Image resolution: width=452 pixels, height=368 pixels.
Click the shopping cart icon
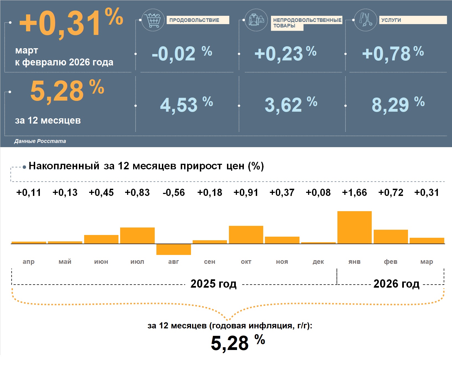153,20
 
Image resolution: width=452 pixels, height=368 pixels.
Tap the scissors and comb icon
365,20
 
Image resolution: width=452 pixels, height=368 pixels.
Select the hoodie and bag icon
256,20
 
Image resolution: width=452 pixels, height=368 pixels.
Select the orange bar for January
354,227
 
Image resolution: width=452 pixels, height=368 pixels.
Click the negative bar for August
174,249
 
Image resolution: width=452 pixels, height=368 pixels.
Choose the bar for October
246,235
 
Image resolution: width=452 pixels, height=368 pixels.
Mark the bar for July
137,236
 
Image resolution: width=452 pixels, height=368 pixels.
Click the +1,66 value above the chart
354,192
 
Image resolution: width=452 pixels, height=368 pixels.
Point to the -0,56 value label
174,192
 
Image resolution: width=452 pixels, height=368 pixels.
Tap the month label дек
318,262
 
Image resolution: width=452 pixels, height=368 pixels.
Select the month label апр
29,262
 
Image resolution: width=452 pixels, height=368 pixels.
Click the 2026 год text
396,284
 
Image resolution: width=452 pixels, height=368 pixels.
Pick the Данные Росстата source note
40,141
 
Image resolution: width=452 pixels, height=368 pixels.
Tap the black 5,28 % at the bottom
237,343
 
